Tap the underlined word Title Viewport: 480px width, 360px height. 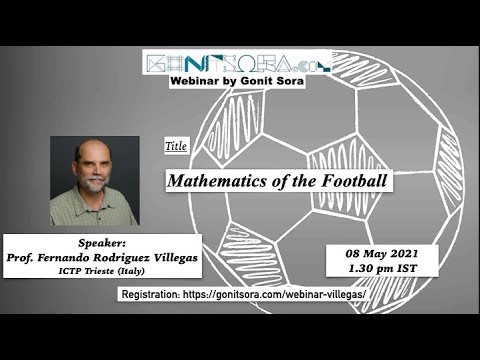pyautogui.click(x=176, y=147)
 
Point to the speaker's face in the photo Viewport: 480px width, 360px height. pyautogui.click(x=92, y=166)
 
